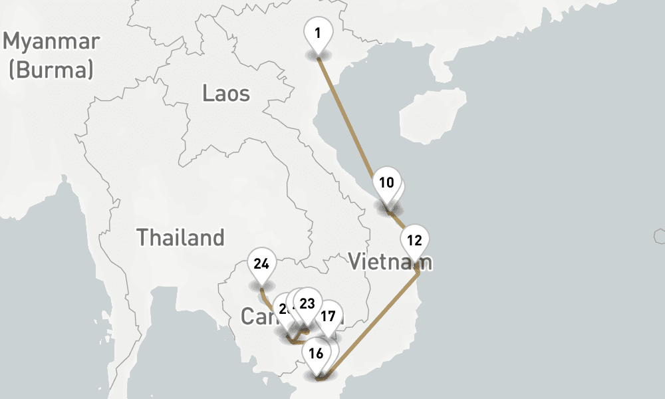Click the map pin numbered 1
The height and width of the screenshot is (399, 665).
tap(318, 33)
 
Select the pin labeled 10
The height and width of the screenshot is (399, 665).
tap(386, 183)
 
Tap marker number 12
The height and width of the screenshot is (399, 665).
tap(414, 240)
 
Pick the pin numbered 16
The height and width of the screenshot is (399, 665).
tap(316, 353)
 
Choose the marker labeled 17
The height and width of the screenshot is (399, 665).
tap(328, 316)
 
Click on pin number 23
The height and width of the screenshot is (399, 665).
tap(307, 303)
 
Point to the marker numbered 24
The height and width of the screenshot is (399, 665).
tap(261, 264)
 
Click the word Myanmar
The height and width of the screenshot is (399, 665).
tap(51, 41)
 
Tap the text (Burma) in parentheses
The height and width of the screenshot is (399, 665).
tap(51, 69)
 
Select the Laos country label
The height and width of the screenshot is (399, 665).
tap(226, 93)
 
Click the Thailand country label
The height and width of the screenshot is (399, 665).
tap(180, 237)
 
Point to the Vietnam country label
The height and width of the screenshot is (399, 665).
tap(390, 262)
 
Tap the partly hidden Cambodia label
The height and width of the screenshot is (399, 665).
tap(256, 317)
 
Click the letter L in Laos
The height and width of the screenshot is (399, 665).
tap(208, 93)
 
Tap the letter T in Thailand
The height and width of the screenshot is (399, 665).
tap(142, 237)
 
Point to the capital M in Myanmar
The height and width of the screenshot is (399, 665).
tap(13, 41)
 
